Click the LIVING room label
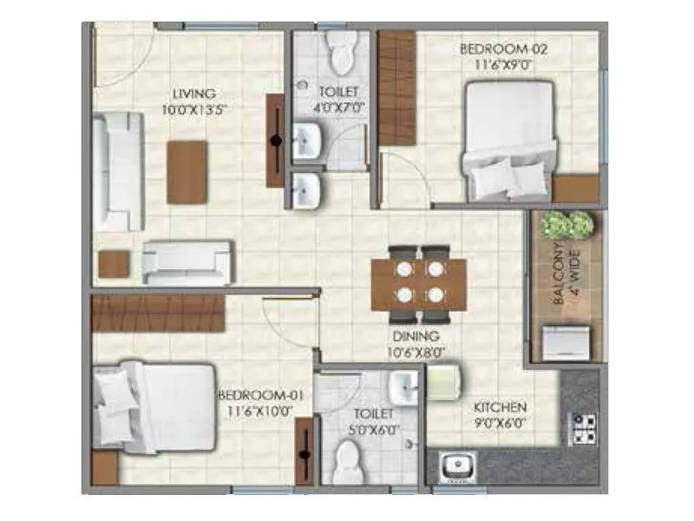coord(193,94)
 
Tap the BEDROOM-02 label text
coord(491,49)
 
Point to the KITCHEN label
coord(501,406)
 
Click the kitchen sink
coord(454,466)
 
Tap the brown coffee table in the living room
coord(187,172)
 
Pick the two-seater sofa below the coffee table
coord(187,261)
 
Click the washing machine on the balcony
coord(568,341)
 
